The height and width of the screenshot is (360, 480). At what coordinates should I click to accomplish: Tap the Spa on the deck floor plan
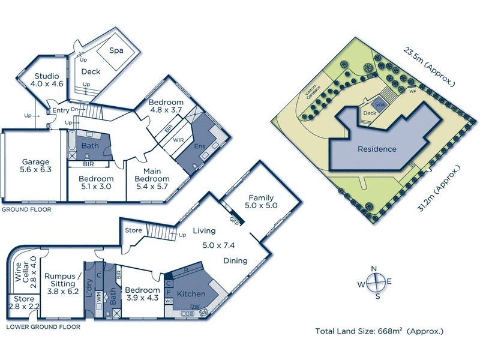pyautogui.click(x=116, y=51)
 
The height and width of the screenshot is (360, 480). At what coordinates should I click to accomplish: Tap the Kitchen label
pyautogui.click(x=191, y=295)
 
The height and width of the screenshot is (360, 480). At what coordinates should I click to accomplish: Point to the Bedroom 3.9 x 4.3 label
pyautogui.click(x=143, y=294)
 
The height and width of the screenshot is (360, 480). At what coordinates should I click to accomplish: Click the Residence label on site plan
pyautogui.click(x=377, y=149)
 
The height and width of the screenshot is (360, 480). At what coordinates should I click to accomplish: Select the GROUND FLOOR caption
pyautogui.click(x=26, y=210)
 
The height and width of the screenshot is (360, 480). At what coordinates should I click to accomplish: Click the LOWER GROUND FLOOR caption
pyautogui.click(x=43, y=327)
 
